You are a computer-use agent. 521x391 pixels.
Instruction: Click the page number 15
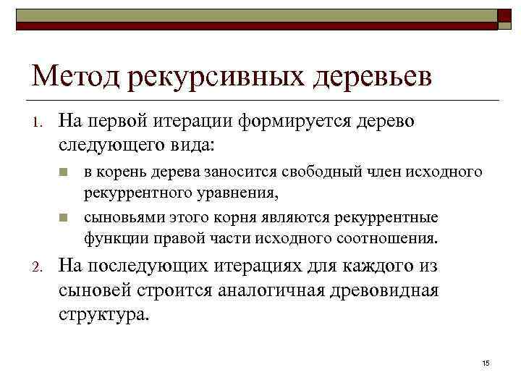tap(486, 361)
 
